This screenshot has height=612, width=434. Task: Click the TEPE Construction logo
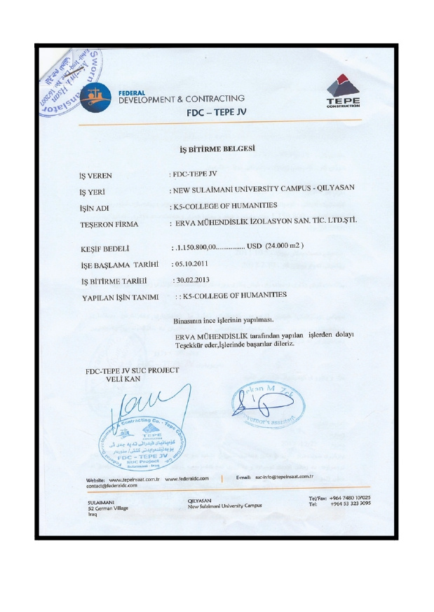[343, 92]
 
